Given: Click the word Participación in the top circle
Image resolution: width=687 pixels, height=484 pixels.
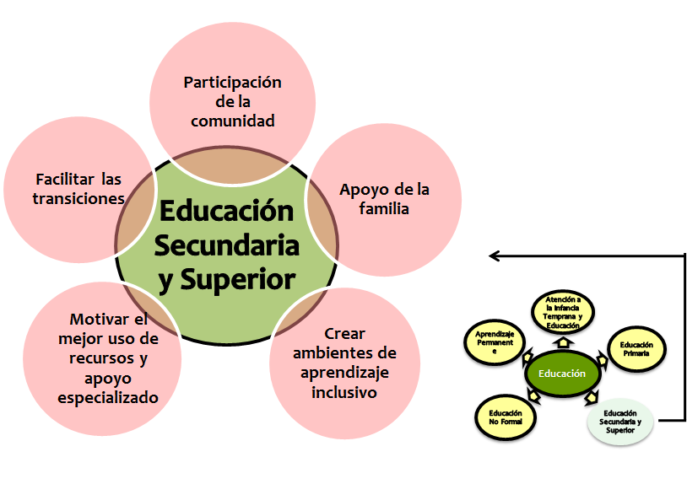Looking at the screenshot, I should [x=232, y=83].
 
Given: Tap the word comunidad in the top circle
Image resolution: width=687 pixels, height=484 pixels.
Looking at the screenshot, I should [x=233, y=121].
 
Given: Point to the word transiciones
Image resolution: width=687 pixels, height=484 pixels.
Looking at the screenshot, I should [x=78, y=198].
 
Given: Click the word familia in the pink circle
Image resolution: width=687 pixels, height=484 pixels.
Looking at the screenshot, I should [x=384, y=207].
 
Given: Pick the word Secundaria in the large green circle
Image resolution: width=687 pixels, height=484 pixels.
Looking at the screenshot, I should [x=228, y=245].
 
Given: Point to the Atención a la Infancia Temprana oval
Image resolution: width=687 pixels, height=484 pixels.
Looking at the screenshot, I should [x=564, y=312].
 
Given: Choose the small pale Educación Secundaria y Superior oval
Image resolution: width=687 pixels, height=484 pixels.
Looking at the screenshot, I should [x=620, y=420].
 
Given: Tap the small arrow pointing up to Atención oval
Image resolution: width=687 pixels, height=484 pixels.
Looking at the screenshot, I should [x=564, y=344].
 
